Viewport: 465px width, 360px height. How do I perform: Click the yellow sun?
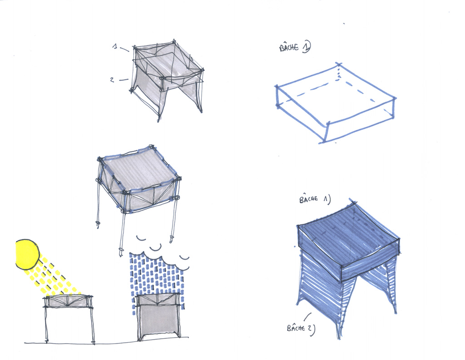pyautogui.click(x=27, y=255)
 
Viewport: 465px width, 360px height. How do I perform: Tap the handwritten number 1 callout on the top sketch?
pyautogui.click(x=115, y=46)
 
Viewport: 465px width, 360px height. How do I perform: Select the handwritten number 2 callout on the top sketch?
pyautogui.click(x=112, y=79)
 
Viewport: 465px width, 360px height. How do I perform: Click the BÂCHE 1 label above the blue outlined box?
pyautogui.click(x=295, y=47)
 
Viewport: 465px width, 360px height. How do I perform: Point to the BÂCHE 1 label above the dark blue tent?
pyautogui.click(x=315, y=199)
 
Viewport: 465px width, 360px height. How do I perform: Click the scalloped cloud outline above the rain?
pyautogui.click(x=162, y=258)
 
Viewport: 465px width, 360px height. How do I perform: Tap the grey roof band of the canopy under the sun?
pyautogui.click(x=68, y=301)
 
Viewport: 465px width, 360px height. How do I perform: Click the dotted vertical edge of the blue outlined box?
pyautogui.click(x=338, y=72)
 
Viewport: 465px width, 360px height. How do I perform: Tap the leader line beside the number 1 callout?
pyautogui.click(x=124, y=49)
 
